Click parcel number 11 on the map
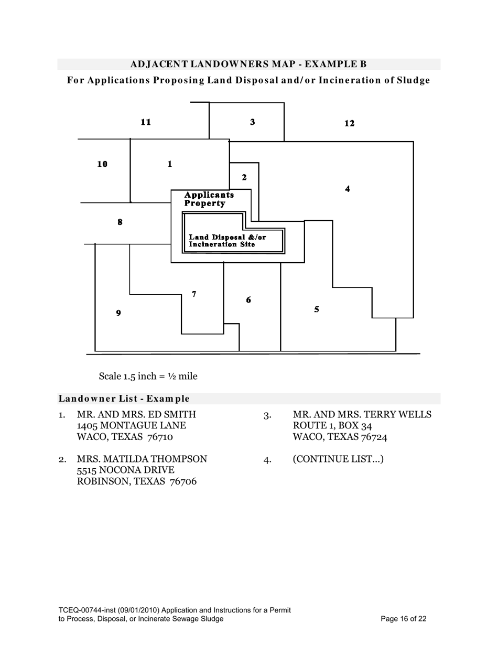pyautogui.click(x=146, y=122)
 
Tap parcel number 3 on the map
pyautogui.click(x=252, y=122)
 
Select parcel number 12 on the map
pyautogui.click(x=349, y=123)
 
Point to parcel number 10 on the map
pyautogui.click(x=102, y=164)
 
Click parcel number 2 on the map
pyautogui.click(x=244, y=177)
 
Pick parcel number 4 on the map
pyautogui.click(x=348, y=189)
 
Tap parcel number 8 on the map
pyautogui.click(x=120, y=222)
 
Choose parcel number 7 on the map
pyautogui.click(x=194, y=294)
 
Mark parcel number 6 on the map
pyautogui.click(x=248, y=300)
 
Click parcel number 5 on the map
pyautogui.click(x=317, y=309)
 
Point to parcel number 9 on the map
pyautogui.click(x=118, y=313)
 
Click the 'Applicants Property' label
pyautogui.click(x=209, y=199)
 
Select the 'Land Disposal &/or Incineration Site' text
pyautogui.click(x=227, y=241)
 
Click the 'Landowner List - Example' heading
pyautogui.click(x=124, y=399)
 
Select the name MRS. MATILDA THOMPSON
pyautogui.click(x=142, y=459)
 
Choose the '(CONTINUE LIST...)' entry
pyautogui.click(x=338, y=459)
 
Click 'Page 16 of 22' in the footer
pyautogui.click(x=404, y=619)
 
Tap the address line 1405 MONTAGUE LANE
pyautogui.click(x=131, y=425)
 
